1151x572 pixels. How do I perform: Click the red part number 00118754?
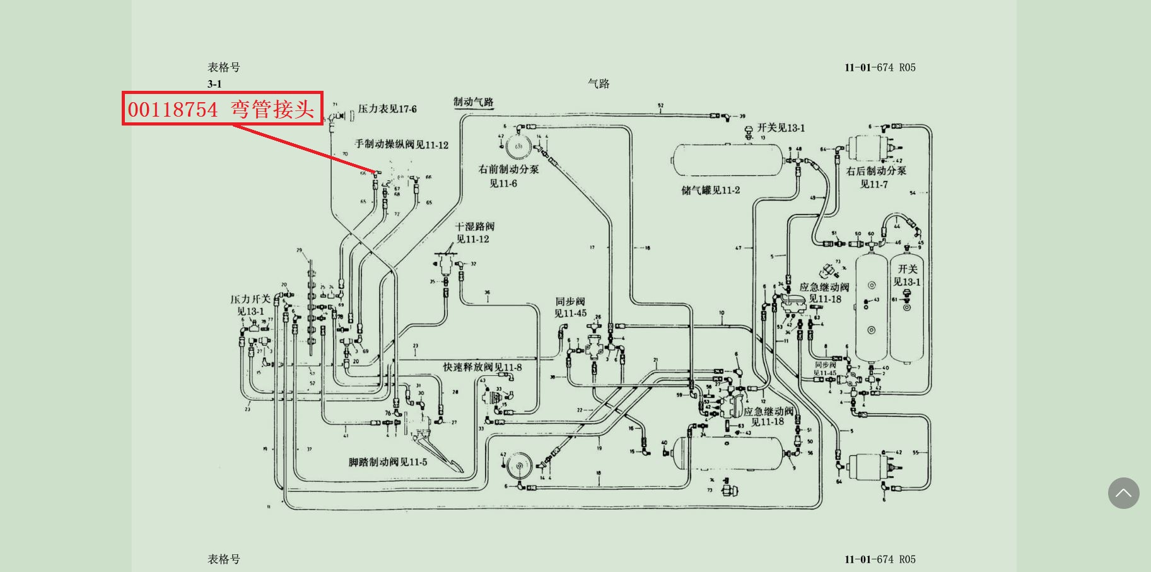[173, 109]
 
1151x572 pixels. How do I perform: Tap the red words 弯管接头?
[272, 109]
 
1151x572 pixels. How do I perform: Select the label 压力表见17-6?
[387, 109]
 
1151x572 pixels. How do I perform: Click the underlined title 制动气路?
[474, 102]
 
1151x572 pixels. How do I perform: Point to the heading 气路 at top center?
[599, 83]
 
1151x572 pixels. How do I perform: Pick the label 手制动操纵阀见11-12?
[401, 144]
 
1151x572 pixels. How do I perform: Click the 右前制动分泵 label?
[508, 169]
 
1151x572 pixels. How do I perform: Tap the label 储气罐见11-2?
[711, 190]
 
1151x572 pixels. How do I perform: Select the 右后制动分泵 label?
[876, 171]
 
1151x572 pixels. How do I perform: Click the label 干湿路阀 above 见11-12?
[475, 226]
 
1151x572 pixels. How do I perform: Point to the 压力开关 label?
[250, 299]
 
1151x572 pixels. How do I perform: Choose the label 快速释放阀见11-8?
[482, 367]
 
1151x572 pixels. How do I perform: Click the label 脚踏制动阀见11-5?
[388, 462]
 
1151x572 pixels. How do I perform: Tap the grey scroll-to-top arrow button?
[1123, 493]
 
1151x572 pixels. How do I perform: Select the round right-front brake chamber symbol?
[518, 146]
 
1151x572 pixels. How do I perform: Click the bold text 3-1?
[214, 84]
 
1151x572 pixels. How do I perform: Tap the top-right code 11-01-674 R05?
[880, 67]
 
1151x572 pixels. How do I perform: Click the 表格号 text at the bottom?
[224, 559]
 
